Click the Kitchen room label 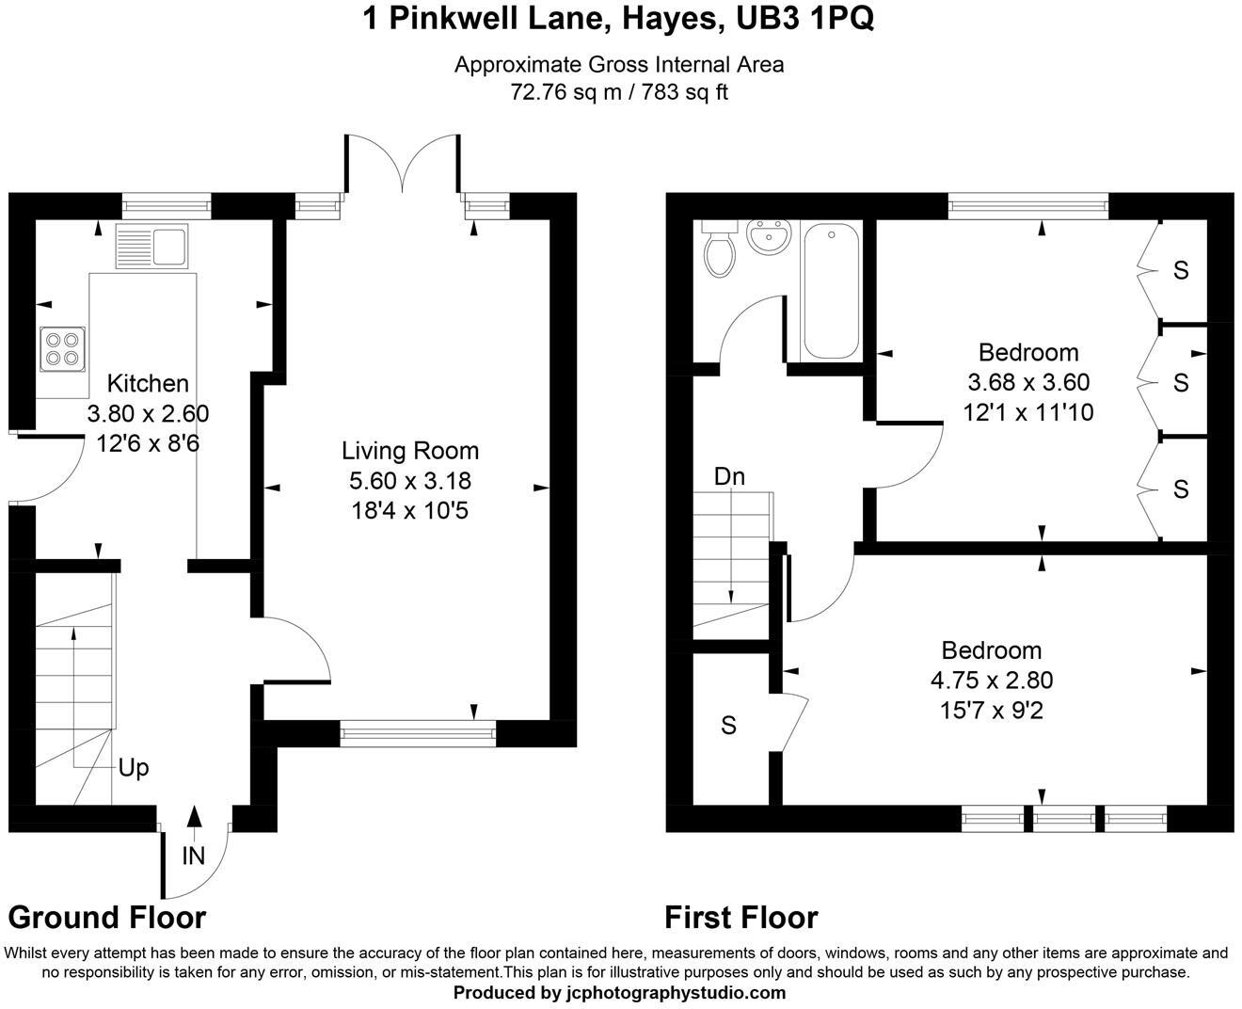point(148,383)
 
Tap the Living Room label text point(409,451)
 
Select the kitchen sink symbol point(151,246)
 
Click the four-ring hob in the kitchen point(62,347)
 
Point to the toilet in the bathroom point(720,249)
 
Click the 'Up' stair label point(134,768)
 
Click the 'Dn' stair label point(729,476)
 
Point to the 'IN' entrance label point(194,856)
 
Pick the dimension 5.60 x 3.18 point(409,481)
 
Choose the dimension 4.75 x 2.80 point(992,680)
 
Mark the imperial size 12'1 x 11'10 point(1028,412)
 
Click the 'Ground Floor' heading point(107,917)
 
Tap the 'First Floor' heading point(741,917)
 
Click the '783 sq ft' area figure point(686,92)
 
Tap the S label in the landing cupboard point(728,726)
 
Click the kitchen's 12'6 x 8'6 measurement point(148,442)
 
